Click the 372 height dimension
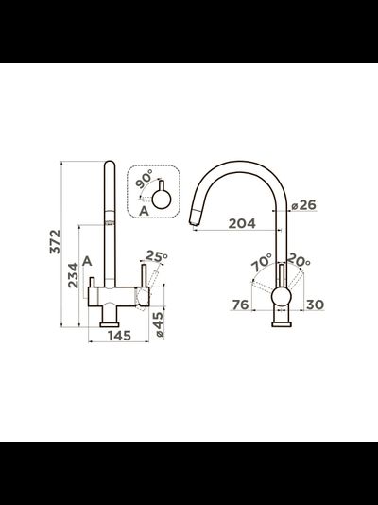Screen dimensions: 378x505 coord(55,241)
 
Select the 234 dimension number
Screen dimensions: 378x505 coord(73,275)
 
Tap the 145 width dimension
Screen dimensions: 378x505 coord(119,336)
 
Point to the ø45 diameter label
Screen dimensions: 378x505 coord(159,325)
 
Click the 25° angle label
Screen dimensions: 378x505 coord(156,256)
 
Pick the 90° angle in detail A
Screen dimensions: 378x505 coord(144,179)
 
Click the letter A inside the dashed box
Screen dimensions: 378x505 coord(144,211)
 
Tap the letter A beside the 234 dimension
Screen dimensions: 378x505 coord(87,262)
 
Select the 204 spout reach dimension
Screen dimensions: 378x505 coord(242,223)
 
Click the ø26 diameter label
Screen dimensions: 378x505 coord(303,205)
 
